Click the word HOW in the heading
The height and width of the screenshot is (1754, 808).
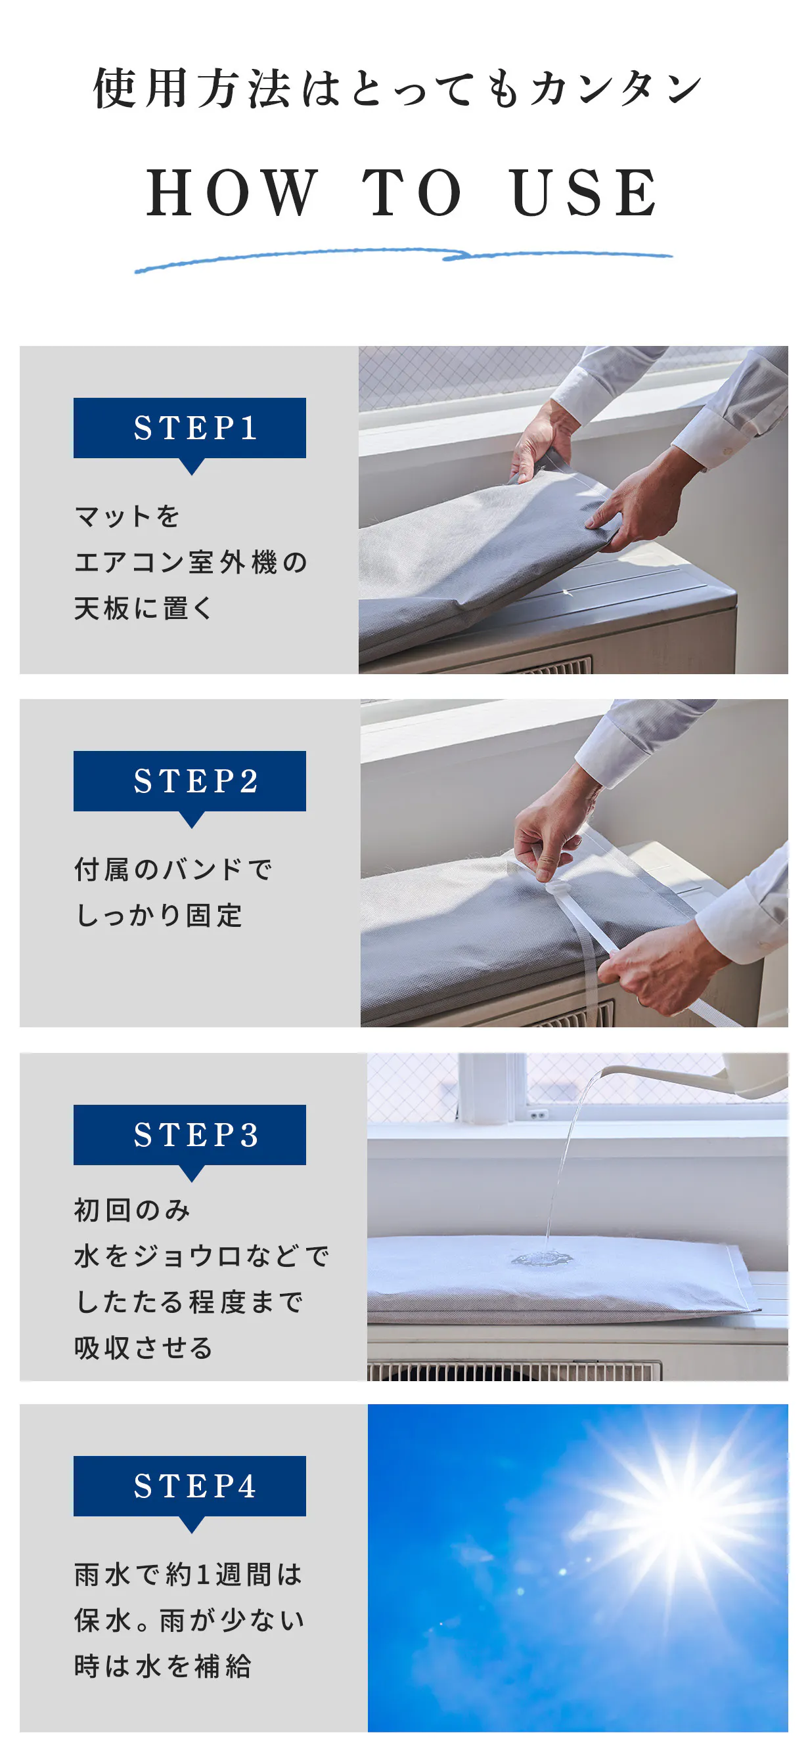pos(233,193)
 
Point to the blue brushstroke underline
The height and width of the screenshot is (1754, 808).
pos(403,259)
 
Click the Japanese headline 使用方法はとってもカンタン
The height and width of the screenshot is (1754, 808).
pos(398,89)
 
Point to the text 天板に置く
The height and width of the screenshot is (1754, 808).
pos(144,608)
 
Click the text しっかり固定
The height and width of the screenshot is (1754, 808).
pos(159,916)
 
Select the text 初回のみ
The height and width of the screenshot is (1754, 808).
pos(132,1210)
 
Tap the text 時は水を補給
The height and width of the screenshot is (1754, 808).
pos(163,1666)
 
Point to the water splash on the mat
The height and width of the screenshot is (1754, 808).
pos(541,1257)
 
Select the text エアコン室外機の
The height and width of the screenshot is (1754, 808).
pos(191,563)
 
